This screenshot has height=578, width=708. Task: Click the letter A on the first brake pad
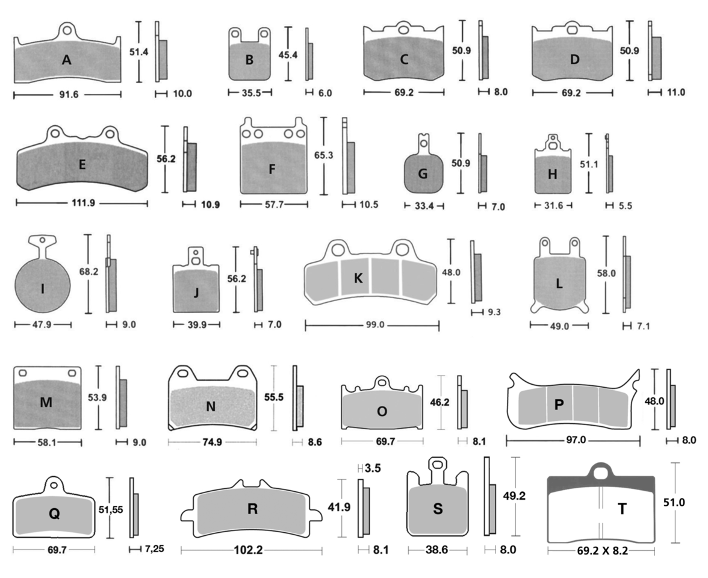[66, 60]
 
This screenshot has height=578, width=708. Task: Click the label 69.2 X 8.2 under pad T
[601, 550]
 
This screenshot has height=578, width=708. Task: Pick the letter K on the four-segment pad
[358, 278]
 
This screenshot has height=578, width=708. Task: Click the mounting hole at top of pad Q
[54, 484]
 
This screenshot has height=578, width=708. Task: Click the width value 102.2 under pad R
[252, 550]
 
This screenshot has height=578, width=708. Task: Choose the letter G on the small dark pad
[423, 173]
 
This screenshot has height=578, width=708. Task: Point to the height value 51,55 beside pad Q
[112, 509]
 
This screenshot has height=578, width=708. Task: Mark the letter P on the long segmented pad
[559, 405]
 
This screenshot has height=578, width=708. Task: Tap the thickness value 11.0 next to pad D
[675, 93]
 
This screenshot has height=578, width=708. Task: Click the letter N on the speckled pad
[211, 406]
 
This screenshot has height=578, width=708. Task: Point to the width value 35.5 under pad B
[249, 93]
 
